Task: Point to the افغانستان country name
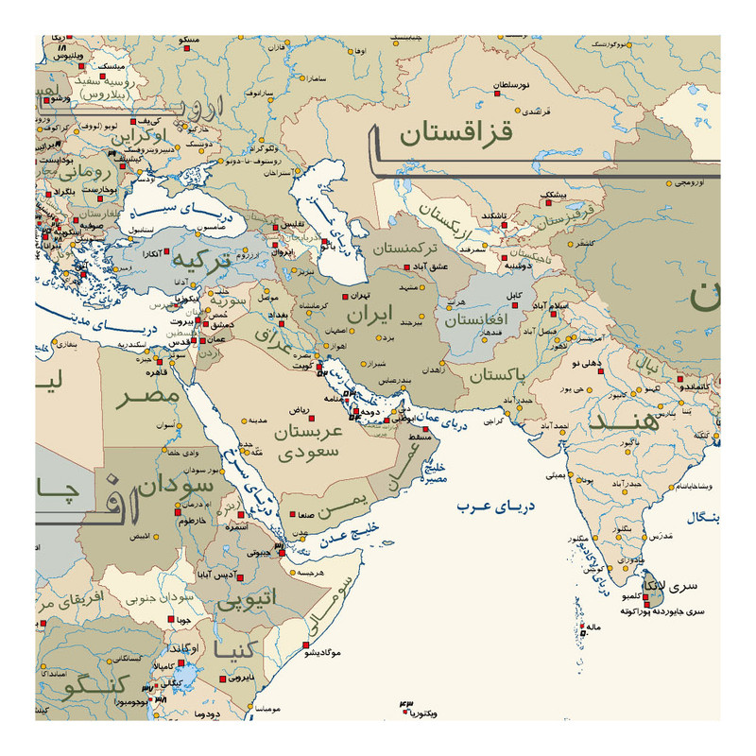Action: pos(476,320)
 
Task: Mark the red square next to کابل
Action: pos(502,304)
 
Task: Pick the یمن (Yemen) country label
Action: pos(339,511)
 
